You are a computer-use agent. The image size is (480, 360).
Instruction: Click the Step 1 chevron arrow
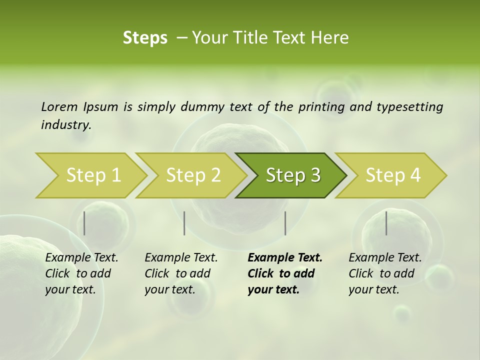pos(93,175)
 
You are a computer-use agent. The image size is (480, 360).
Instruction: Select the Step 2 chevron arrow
pos(193,175)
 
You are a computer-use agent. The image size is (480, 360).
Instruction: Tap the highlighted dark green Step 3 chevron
pos(293,175)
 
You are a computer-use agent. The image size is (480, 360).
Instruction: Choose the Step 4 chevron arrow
pos(393,175)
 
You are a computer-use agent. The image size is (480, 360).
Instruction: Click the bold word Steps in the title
pos(145,38)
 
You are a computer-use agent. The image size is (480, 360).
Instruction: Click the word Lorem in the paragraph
pos(59,106)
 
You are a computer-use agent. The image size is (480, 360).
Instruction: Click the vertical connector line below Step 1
pos(84,223)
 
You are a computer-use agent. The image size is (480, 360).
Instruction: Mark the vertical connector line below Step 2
pos(184,223)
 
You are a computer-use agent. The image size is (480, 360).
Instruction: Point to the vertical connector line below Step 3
pos(285,223)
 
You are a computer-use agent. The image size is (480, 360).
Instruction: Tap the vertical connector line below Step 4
pos(386,223)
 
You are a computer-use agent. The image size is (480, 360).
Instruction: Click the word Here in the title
pos(331,38)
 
